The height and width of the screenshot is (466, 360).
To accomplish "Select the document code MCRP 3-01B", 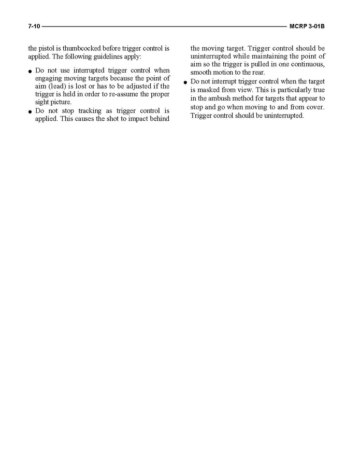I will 310,26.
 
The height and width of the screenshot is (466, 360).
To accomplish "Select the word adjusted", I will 143,86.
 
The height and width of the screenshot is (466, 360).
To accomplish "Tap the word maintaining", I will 265,56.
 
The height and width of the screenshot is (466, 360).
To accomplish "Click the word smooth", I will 200,72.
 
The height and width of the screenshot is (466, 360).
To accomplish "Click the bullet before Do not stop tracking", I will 31,111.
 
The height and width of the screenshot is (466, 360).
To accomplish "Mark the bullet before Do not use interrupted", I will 31,71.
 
